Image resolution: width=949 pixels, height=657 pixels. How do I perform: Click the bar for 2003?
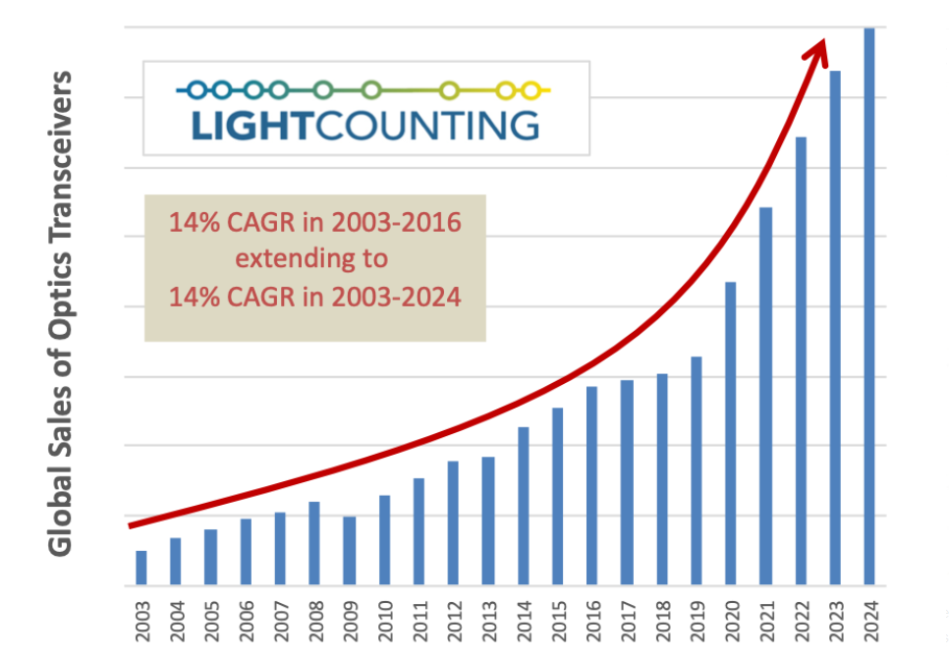click(x=141, y=569)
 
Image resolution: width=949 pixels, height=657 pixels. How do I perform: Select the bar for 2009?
click(x=349, y=551)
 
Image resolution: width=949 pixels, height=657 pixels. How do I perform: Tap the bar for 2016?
click(x=591, y=486)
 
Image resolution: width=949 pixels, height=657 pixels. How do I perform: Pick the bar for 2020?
click(x=730, y=434)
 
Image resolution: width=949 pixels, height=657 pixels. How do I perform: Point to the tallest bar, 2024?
click(x=868, y=306)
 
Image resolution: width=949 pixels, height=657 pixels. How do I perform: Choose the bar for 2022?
click(x=800, y=361)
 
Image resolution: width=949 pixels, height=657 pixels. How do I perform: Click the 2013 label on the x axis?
click(x=488, y=615)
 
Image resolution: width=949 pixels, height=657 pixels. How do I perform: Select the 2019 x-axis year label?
click(x=696, y=615)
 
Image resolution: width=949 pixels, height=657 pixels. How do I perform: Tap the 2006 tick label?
click(x=246, y=615)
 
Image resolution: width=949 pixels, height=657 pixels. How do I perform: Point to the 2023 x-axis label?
click(x=834, y=615)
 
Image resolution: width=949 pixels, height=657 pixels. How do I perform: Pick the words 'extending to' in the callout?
click(x=314, y=259)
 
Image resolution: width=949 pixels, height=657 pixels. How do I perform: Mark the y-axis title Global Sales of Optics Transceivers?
click(x=61, y=311)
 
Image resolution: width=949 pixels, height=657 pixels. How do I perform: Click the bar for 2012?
click(x=453, y=523)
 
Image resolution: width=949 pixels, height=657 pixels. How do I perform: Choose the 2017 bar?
click(x=626, y=482)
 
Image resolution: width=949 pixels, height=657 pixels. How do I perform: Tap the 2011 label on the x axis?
click(x=419, y=615)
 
